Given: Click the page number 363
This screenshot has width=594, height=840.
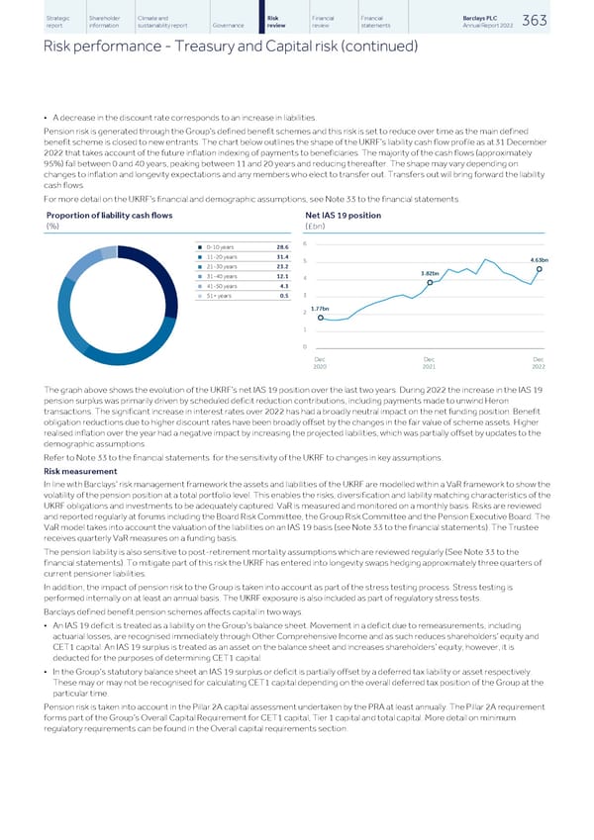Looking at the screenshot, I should pyautogui.click(x=561, y=21).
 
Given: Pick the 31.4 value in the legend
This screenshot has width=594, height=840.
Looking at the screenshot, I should pyautogui.click(x=283, y=258).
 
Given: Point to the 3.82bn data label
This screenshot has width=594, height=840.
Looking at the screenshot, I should pyautogui.click(x=430, y=273).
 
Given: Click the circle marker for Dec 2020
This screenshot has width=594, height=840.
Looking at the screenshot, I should pyautogui.click(x=308, y=318).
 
